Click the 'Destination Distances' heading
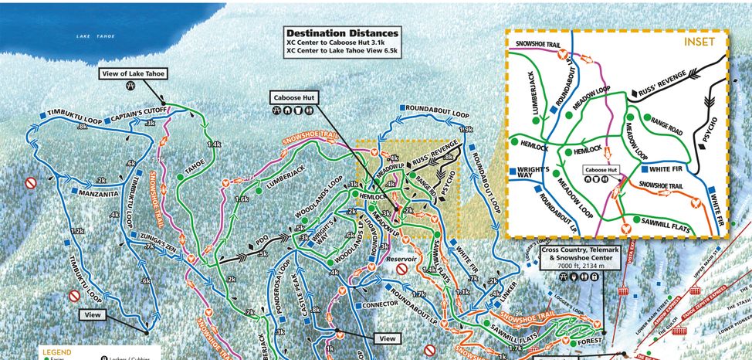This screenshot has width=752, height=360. (342, 33)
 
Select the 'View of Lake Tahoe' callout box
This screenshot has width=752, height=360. (134, 73)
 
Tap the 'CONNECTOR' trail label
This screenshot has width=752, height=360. (380, 304)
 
